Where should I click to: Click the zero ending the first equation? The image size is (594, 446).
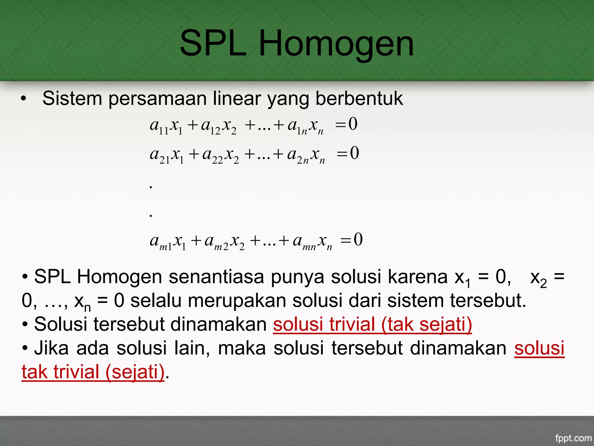pyautogui.click(x=353, y=124)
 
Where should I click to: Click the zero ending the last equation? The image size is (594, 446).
pyautogui.click(x=358, y=240)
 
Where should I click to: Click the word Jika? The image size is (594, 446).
pyautogui.click(x=52, y=348)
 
